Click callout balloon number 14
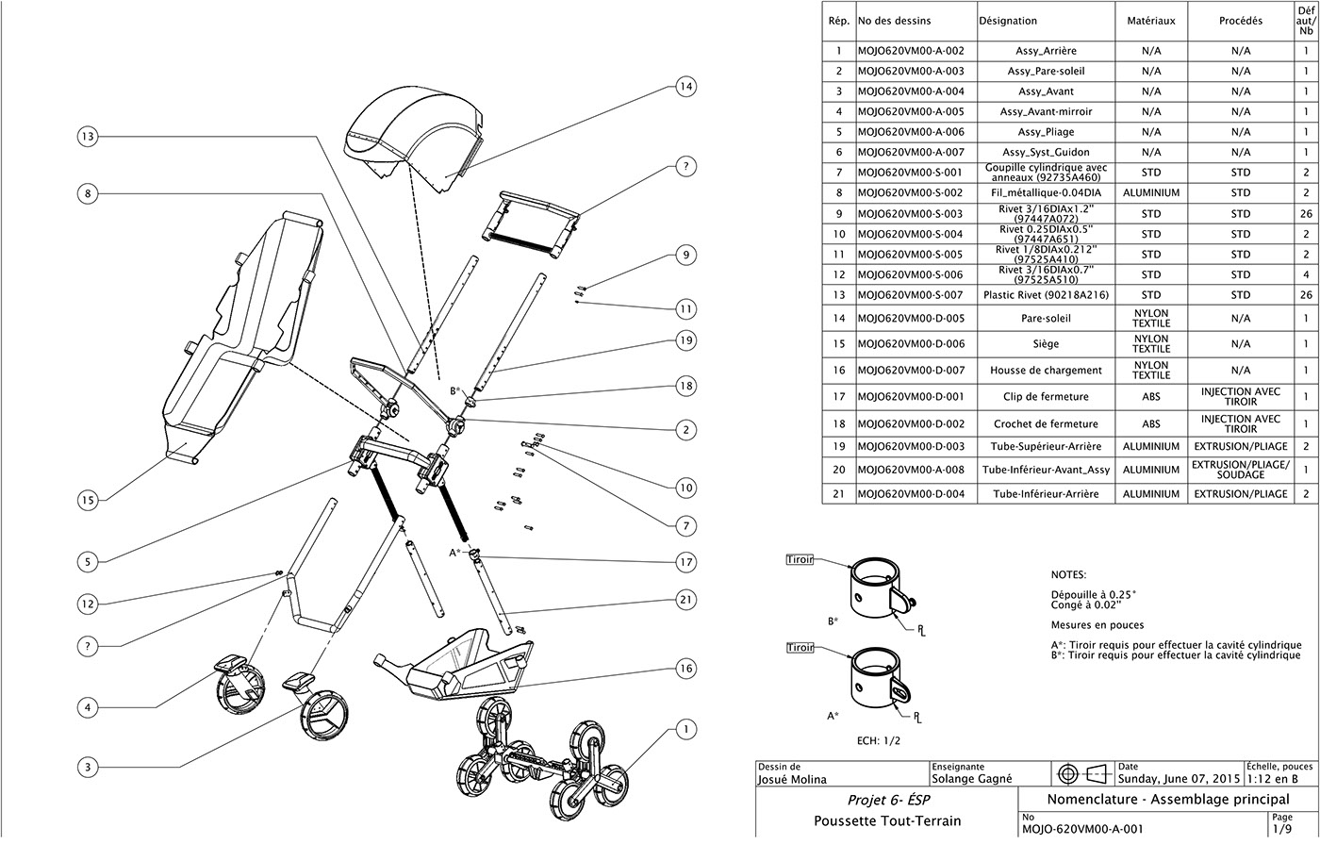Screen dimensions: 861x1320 [x=685, y=87]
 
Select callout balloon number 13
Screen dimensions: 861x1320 [x=87, y=137]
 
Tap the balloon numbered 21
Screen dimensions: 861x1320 [x=685, y=599]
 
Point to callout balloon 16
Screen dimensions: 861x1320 [x=685, y=669]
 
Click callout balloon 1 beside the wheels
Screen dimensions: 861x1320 [x=685, y=729]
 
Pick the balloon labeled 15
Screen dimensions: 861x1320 [x=87, y=500]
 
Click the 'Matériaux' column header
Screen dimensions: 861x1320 [x=1151, y=20]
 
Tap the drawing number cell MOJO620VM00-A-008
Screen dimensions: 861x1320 [x=911, y=470]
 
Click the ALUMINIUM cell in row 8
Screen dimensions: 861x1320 [x=1151, y=192]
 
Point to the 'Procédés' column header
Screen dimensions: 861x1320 [x=1241, y=20]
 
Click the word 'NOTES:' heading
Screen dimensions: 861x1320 [x=1068, y=574]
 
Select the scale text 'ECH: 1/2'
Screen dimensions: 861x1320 [x=879, y=740]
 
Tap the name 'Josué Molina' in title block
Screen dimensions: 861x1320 [x=792, y=780]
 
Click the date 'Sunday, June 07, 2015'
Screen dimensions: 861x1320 [x=1179, y=780]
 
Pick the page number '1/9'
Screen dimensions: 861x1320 [x=1281, y=830]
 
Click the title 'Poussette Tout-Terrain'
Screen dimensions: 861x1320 [x=887, y=820]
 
